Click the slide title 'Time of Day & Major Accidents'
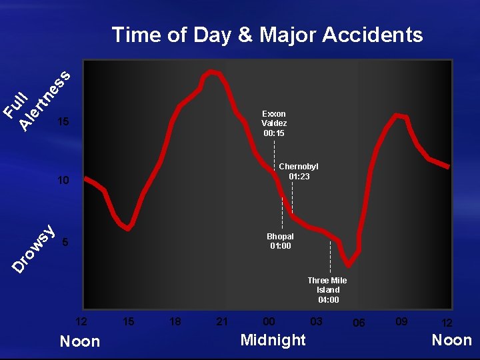pos(267,35)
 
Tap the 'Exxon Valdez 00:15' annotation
pos(274,123)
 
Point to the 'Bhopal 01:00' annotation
pos(280,241)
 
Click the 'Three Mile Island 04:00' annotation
pos(327,290)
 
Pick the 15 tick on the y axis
pos(63,123)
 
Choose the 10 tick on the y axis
pos(63,180)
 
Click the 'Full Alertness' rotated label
pos(37,100)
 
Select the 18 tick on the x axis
pos(175,321)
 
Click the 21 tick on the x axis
pos(223,321)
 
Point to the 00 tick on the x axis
pos(269,321)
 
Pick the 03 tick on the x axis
pos(317,321)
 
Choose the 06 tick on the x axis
pos(359,322)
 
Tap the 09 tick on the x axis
pos(401,321)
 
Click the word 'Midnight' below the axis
pos(273,340)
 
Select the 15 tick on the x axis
pos(129,321)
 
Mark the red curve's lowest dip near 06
pos(348,263)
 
